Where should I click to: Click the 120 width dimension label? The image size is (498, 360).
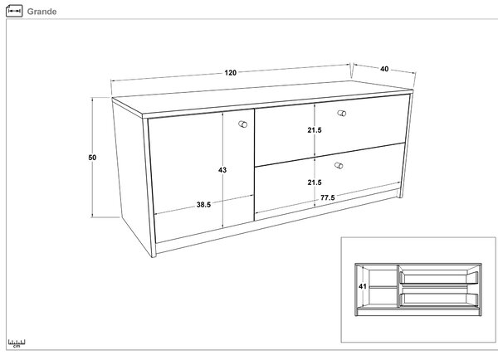click(230, 73)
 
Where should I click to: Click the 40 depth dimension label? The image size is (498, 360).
click(384, 69)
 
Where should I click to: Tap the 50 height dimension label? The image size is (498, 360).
click(92, 158)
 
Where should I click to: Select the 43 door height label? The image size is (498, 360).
click(222, 170)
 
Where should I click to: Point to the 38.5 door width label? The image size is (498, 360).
click(203, 205)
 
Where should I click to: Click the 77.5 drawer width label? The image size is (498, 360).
click(328, 197)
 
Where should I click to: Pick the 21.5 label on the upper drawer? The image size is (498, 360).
click(315, 130)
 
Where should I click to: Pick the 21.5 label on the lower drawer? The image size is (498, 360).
click(315, 182)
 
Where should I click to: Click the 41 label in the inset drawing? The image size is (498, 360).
click(363, 286)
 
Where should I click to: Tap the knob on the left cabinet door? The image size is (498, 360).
click(243, 124)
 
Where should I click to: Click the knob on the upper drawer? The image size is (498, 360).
click(342, 114)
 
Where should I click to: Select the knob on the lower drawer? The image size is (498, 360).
click(339, 166)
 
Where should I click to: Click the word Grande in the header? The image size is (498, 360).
click(42, 12)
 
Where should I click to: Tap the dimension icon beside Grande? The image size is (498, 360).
click(14, 11)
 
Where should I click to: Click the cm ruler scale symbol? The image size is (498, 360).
click(17, 343)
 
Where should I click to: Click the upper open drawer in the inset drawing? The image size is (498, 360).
click(438, 277)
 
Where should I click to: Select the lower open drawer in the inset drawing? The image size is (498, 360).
click(438, 299)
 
